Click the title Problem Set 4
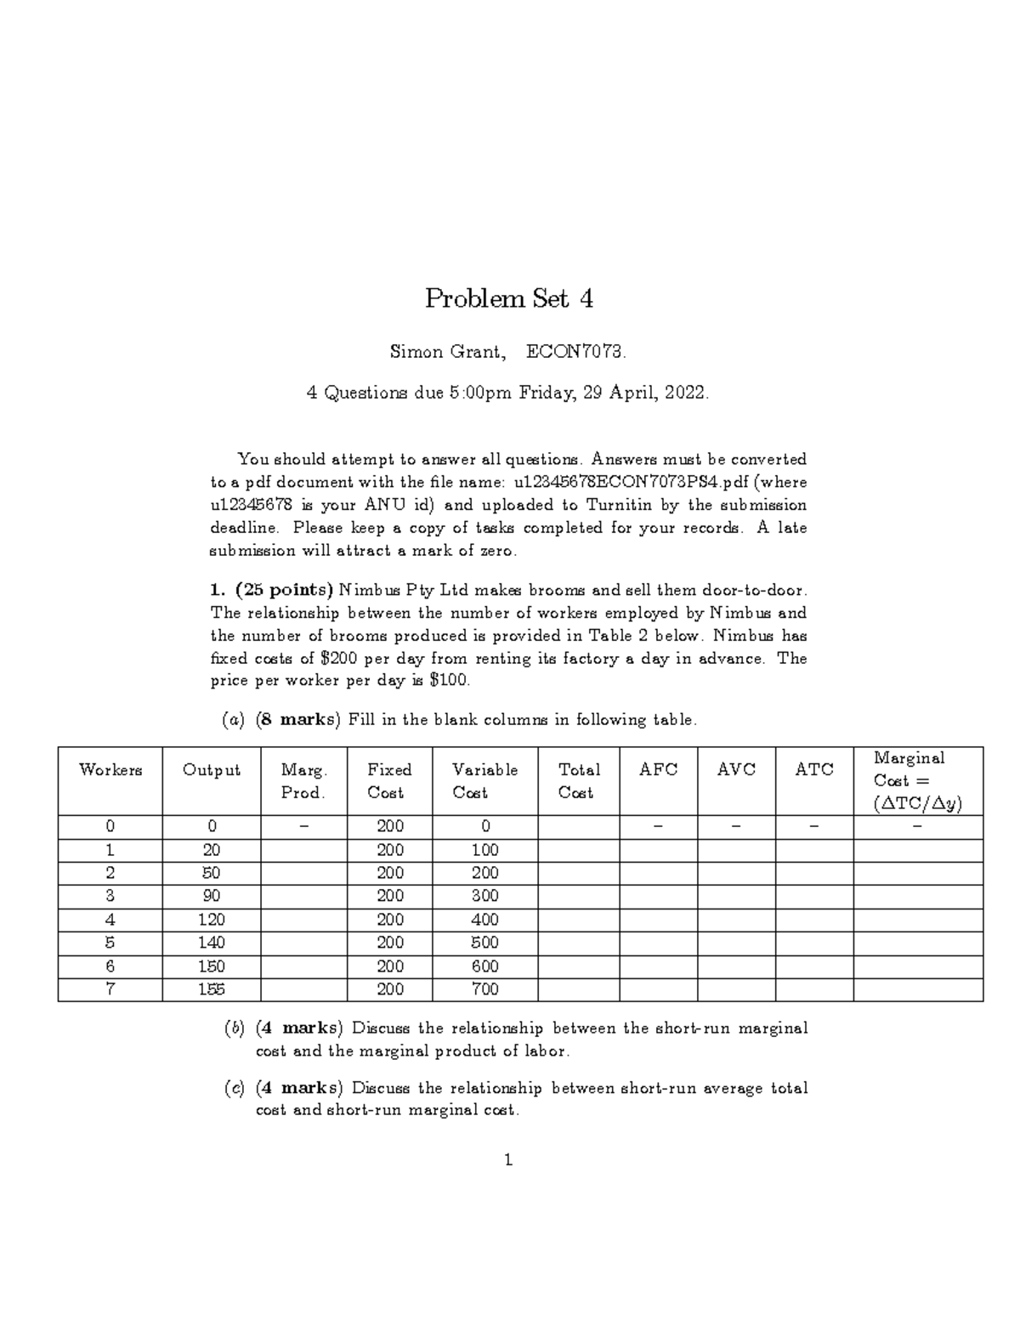pyautogui.click(x=509, y=298)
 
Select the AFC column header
pyautogui.click(x=658, y=769)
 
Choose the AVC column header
pyautogui.click(x=736, y=769)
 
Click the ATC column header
pyautogui.click(x=813, y=769)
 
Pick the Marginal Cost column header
pyautogui.click(x=917, y=780)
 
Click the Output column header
pyautogui.click(x=211, y=770)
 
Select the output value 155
pyautogui.click(x=211, y=989)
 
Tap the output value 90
pyautogui.click(x=211, y=896)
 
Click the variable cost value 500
pyautogui.click(x=484, y=943)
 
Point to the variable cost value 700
pyautogui.click(x=484, y=989)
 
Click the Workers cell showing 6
pyautogui.click(x=110, y=966)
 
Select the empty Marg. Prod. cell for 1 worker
pyautogui.click(x=303, y=850)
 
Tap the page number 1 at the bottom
pyautogui.click(x=508, y=1160)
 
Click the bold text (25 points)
pyautogui.click(x=285, y=590)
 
